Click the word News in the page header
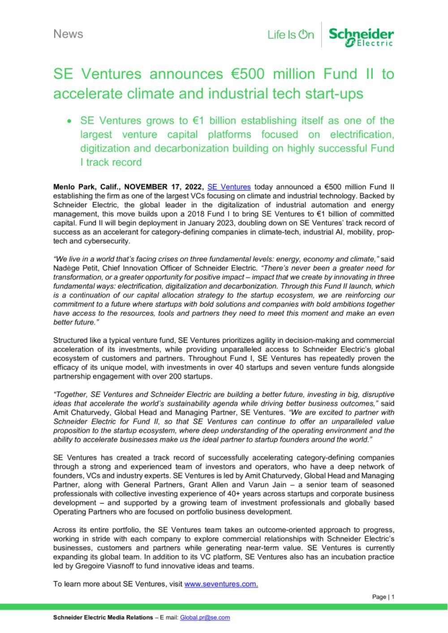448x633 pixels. pos(68,34)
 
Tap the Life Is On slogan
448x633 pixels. pos(291,35)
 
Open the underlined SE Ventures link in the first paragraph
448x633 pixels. pos(229,187)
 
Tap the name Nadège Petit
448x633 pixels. pos(73,268)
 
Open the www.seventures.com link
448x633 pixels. pos(221,584)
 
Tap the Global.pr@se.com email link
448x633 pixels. pos(205,617)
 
